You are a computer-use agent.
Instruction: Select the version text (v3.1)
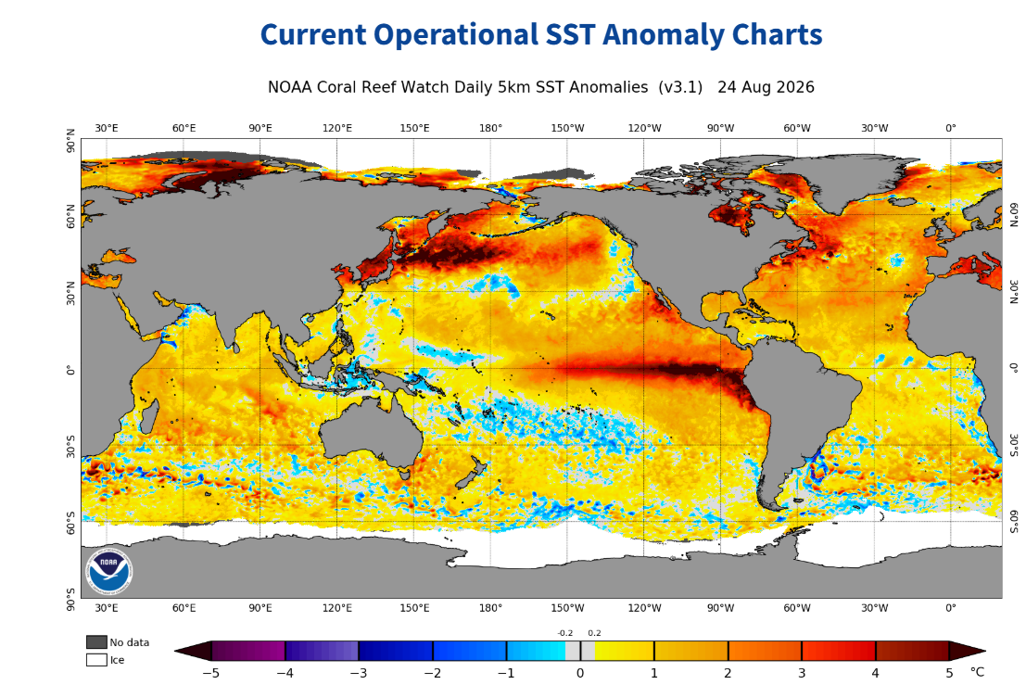(680, 88)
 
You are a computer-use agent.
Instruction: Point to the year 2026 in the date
(793, 87)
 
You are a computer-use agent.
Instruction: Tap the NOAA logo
(108, 570)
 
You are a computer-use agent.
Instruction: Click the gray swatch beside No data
(96, 641)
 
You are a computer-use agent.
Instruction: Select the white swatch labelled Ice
(96, 659)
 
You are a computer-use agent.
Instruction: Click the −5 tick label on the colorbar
(210, 673)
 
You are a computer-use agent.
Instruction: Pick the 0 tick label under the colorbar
(580, 673)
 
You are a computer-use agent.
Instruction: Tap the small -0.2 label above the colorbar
(564, 633)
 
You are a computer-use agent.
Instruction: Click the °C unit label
(977, 672)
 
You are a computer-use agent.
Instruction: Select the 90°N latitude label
(70, 141)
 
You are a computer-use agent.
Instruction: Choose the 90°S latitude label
(70, 600)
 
